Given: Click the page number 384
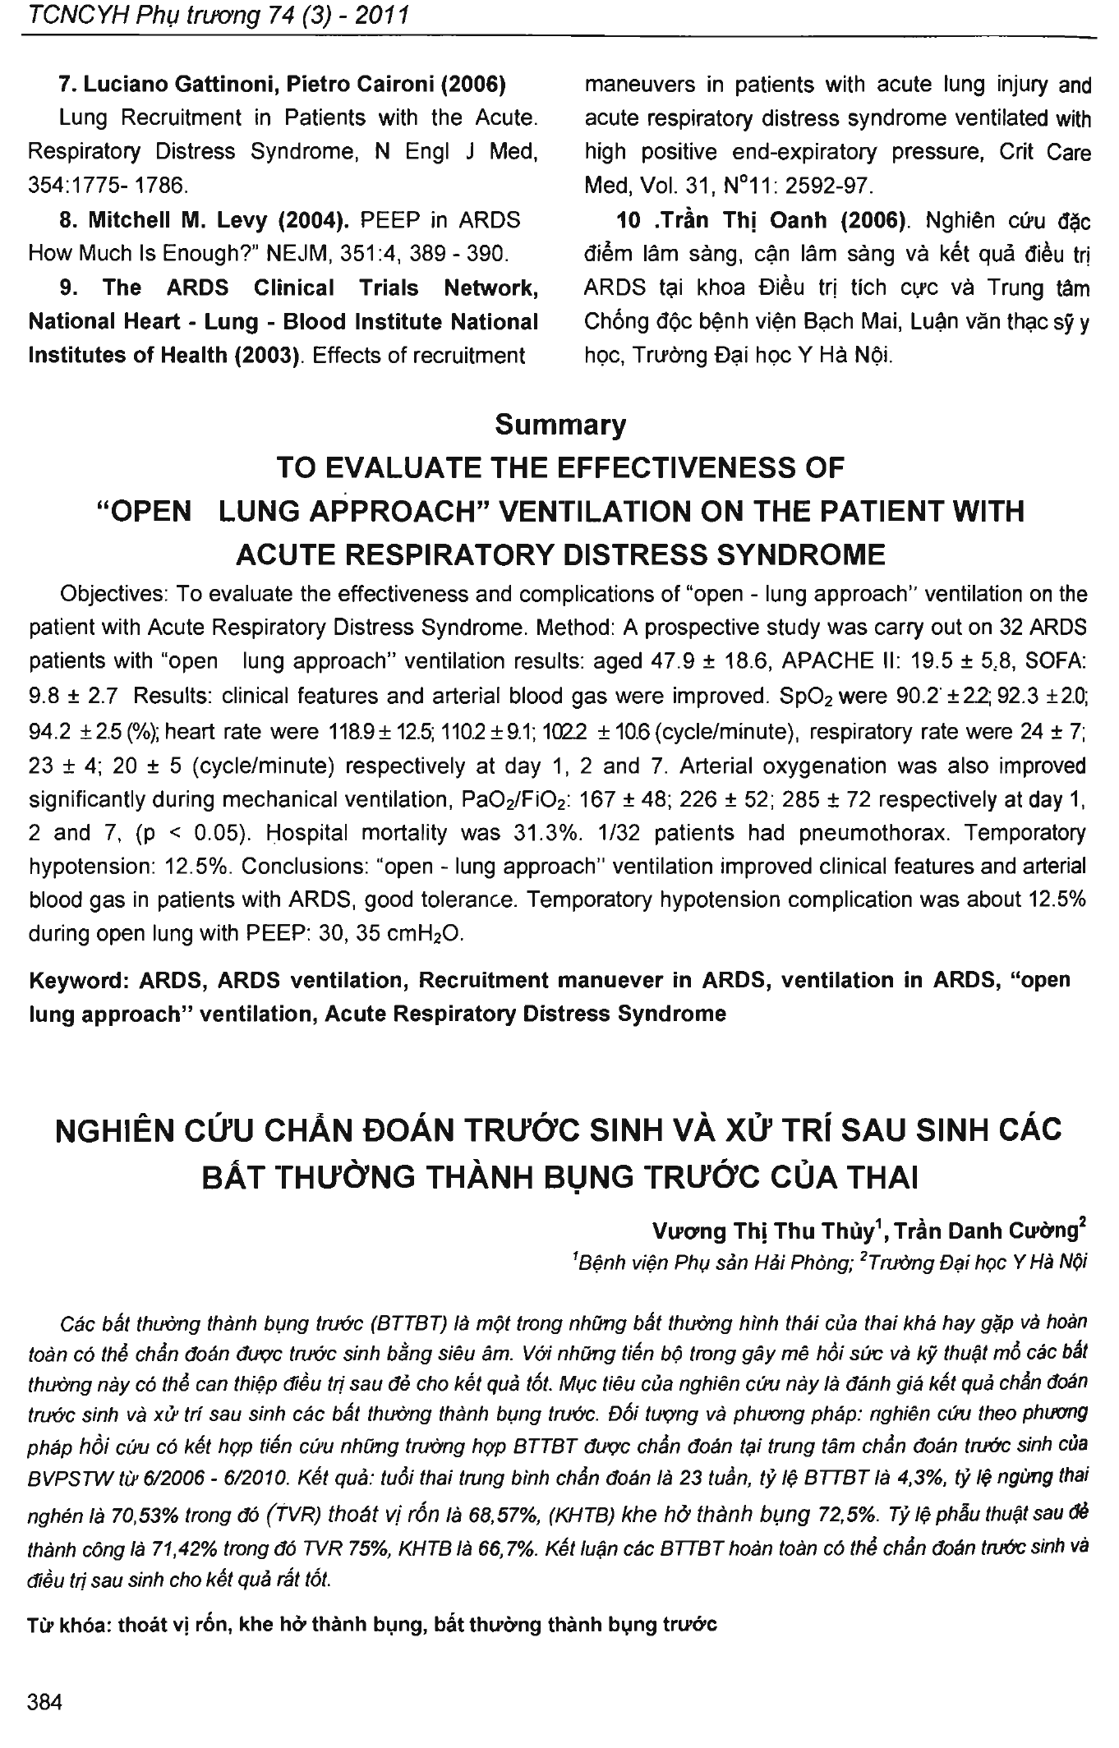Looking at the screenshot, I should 45,1701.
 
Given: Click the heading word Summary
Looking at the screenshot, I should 560,425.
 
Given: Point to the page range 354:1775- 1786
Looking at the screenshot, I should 108,186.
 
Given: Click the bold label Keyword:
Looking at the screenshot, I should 80,980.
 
